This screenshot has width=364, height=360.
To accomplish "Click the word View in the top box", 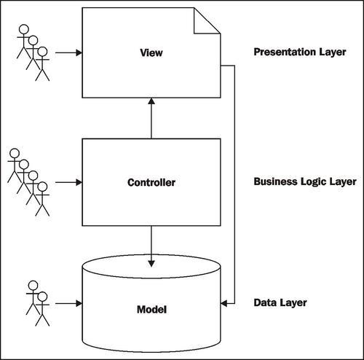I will pos(152,53).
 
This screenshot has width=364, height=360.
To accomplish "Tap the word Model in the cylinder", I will pos(152,310).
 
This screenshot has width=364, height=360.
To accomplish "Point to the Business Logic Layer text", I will pos(305,181).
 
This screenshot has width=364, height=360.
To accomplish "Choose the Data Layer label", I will pos(280,302).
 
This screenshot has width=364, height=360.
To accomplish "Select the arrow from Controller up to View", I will pos(151,120).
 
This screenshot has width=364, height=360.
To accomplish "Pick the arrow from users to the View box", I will pos(68,52).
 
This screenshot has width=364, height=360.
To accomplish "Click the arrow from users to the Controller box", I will pos(68,181).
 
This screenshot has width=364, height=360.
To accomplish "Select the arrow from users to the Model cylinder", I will pos(68,302).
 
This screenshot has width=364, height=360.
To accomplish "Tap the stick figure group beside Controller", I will pos(28,181).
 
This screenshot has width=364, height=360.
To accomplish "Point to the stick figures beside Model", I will pos(37,301).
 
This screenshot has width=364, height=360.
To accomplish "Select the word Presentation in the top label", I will pos(281,52).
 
